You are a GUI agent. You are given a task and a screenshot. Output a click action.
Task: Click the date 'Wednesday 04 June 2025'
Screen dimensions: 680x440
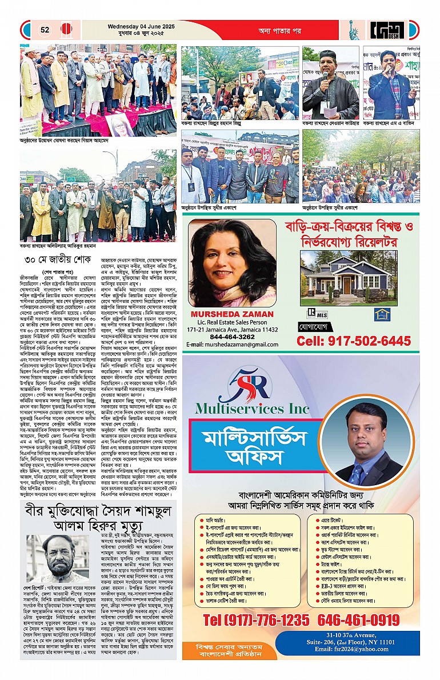[139, 25]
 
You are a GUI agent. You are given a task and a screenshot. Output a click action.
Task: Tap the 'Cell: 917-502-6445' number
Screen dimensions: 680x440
[353, 341]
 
